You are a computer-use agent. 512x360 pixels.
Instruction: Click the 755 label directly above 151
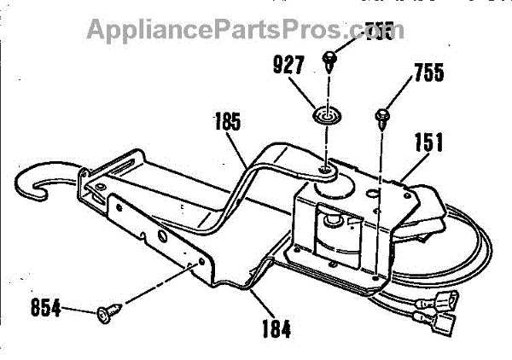coord(427,73)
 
